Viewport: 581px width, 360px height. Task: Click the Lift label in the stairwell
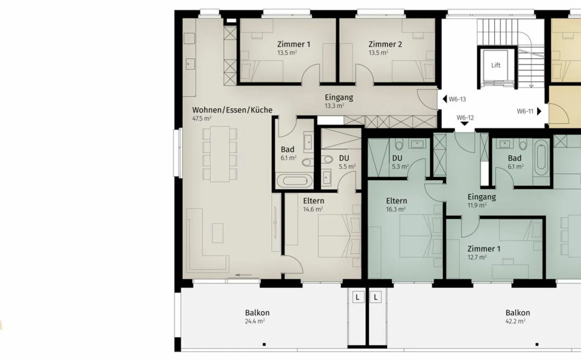click(495, 65)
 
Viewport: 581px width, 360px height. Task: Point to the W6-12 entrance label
click(465, 118)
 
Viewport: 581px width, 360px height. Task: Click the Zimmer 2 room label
click(385, 44)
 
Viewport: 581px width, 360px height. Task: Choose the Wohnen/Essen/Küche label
click(232, 110)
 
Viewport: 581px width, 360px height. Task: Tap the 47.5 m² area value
click(202, 119)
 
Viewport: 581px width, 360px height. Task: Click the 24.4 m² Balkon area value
click(255, 321)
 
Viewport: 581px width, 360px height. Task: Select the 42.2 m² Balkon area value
click(515, 321)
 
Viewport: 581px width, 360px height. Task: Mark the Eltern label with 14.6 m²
click(313, 201)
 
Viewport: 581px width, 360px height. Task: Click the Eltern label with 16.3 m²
click(396, 201)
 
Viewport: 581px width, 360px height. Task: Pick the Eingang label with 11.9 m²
click(481, 197)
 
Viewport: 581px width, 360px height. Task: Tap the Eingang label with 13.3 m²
click(339, 97)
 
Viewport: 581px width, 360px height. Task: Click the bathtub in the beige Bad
click(294, 180)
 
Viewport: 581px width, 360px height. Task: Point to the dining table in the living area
click(220, 154)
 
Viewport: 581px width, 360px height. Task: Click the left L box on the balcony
click(357, 298)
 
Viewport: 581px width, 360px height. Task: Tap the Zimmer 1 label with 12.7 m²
click(484, 249)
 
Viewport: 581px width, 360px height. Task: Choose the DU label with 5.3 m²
click(397, 158)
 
